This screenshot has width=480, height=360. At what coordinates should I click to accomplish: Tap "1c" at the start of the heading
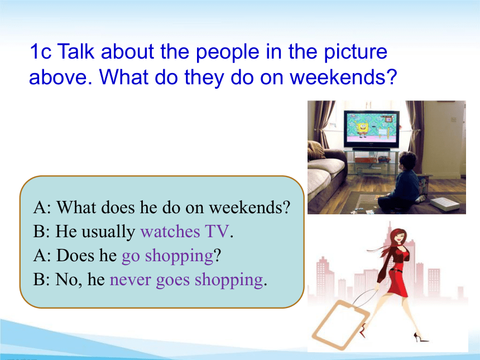(40, 51)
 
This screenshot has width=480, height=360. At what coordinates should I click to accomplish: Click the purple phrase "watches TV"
(185, 231)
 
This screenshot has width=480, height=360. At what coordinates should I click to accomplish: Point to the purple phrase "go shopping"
(167, 257)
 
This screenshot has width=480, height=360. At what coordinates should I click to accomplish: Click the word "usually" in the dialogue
(108, 232)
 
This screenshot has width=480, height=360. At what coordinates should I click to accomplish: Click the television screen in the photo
(371, 128)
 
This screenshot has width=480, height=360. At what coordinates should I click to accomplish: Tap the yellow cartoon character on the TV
(362, 128)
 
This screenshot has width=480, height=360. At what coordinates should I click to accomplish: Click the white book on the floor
(445, 204)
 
